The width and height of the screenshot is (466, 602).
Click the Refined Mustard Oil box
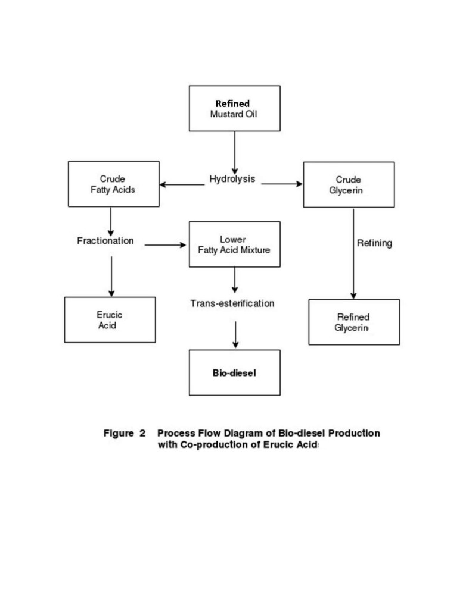(x=235, y=109)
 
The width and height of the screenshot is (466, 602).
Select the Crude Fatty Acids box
(x=114, y=184)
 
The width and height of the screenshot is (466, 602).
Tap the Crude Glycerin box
(x=349, y=184)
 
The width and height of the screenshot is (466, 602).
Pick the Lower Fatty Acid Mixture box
(x=235, y=244)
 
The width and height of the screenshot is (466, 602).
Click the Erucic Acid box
(x=110, y=320)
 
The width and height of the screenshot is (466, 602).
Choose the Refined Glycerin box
(x=354, y=322)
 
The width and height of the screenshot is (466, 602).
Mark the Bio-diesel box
(x=235, y=372)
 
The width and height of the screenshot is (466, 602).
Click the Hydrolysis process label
(x=232, y=179)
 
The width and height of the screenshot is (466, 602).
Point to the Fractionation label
(x=105, y=241)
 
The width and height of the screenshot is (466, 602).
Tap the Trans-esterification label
(x=232, y=303)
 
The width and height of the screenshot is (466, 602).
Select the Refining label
(x=374, y=243)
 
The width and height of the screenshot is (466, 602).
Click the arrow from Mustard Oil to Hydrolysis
(x=235, y=153)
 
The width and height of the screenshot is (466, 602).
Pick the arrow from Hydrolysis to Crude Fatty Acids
(x=182, y=184)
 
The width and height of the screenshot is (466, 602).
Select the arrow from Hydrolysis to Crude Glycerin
(x=282, y=184)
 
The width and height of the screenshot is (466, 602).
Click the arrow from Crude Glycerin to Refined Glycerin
(x=353, y=254)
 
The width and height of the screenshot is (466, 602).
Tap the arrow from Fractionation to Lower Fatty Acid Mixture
(x=165, y=245)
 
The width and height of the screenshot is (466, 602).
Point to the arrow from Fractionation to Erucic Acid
(x=111, y=277)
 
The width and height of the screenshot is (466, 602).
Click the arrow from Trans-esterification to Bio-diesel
(x=235, y=335)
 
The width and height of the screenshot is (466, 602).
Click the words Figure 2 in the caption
(x=125, y=434)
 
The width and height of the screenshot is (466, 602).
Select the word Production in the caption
(x=354, y=433)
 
